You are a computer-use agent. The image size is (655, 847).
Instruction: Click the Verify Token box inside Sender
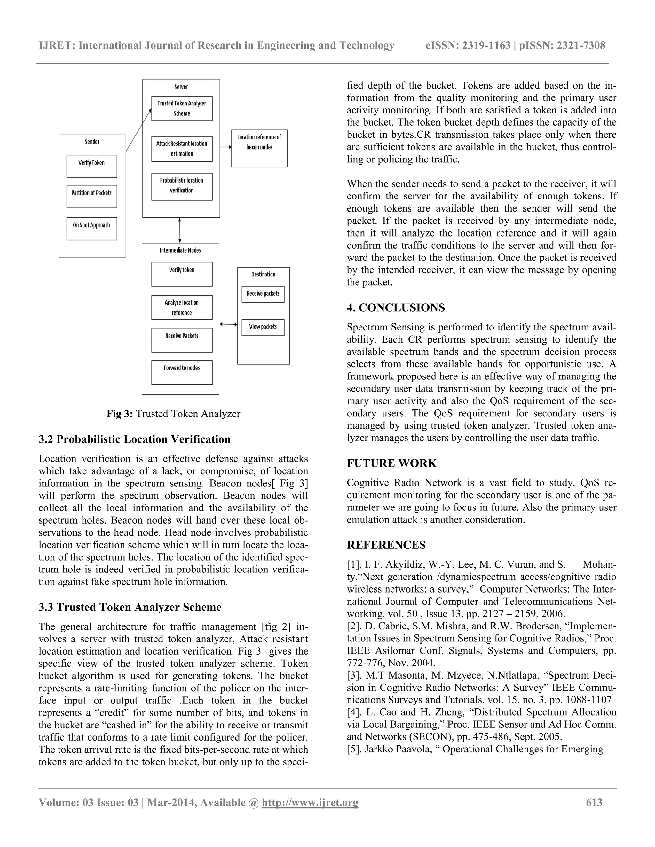click(x=91, y=167)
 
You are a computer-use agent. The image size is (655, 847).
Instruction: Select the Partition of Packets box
click(x=91, y=197)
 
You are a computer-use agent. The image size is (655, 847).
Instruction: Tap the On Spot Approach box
click(x=91, y=229)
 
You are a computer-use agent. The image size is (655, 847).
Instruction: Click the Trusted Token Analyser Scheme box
click(x=182, y=109)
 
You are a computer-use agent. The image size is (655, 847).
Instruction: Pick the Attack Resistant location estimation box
click(x=182, y=149)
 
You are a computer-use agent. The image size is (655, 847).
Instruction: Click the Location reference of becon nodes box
click(x=259, y=148)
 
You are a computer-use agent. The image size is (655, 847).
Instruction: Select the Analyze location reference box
click(x=182, y=307)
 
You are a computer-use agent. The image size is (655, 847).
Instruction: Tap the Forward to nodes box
click(x=182, y=372)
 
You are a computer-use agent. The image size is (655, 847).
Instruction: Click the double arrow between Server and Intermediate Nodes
click(x=180, y=230)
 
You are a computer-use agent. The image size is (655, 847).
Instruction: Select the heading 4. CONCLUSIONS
click(x=396, y=308)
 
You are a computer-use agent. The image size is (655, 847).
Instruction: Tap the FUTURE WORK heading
click(x=391, y=463)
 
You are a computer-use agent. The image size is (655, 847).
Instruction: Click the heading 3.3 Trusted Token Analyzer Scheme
click(x=130, y=607)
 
